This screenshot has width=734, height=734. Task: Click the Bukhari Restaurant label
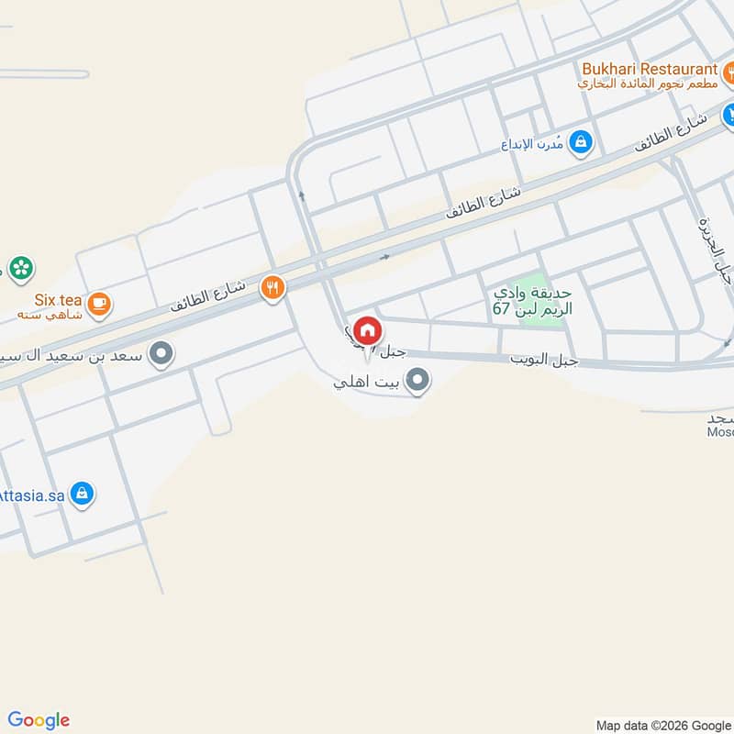click(x=648, y=69)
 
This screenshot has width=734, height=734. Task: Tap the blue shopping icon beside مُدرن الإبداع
click(x=580, y=142)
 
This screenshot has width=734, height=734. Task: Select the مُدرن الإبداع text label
click(x=534, y=143)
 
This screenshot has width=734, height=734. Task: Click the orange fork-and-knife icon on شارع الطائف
click(x=272, y=287)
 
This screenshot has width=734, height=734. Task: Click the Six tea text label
click(x=59, y=300)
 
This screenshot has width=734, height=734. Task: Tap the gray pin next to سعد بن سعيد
click(x=161, y=353)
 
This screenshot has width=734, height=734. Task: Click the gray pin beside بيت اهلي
click(x=417, y=380)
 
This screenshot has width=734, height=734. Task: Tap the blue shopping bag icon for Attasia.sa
click(x=83, y=494)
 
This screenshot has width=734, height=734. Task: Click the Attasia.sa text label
click(x=32, y=494)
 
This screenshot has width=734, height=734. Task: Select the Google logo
click(x=39, y=720)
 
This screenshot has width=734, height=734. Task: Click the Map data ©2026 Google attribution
click(x=662, y=724)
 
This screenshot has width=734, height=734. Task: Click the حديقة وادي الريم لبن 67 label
click(x=532, y=301)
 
